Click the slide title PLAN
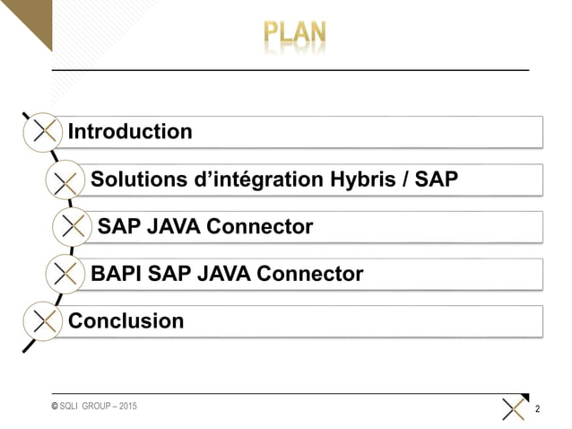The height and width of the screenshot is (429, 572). coord(295,34)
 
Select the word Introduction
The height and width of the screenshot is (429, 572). coord(130,132)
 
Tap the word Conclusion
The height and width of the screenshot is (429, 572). coord(126,320)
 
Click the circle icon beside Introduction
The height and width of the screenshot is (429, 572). coord(42,132)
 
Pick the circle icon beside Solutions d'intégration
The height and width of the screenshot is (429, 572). coord(65,179)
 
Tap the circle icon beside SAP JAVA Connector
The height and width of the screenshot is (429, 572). coord(72,226)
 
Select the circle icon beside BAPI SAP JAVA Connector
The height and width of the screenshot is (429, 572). coord(65,273)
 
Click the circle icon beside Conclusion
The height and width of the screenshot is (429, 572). coord(42,320)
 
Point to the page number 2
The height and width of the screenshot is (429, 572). coord(537,410)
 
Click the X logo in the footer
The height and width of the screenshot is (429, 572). coord(514,408)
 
